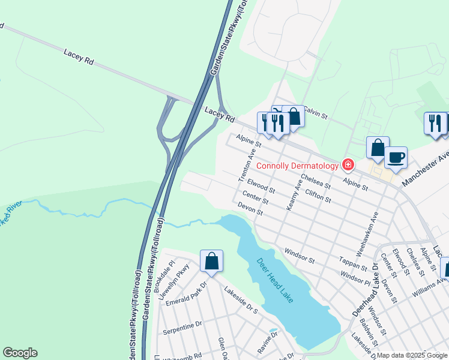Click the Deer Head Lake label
pyautogui.click(x=275, y=280)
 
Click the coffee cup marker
pyautogui.click(x=396, y=158)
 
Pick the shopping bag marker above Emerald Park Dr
pyautogui.click(x=211, y=261)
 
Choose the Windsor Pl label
pyautogui.click(x=355, y=278)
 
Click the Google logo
pyautogui.click(x=20, y=353)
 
